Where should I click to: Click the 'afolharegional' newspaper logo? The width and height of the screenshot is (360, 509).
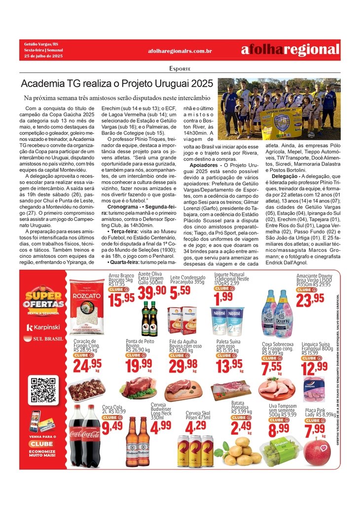(x=290, y=50)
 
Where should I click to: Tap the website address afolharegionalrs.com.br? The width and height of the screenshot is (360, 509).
(x=180, y=51)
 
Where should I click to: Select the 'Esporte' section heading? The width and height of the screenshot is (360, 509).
(x=180, y=68)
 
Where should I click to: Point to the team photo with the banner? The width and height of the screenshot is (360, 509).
(x=279, y=109)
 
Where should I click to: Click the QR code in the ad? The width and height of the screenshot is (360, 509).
(x=43, y=389)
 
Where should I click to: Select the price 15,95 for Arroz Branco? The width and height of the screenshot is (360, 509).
(x=121, y=298)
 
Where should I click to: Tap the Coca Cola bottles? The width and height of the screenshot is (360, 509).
(x=84, y=436)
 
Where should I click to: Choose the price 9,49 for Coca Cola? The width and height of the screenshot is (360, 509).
(x=112, y=427)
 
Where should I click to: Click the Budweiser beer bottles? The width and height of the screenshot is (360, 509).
(x=138, y=442)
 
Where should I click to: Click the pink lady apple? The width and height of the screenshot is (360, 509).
(x=318, y=451)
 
